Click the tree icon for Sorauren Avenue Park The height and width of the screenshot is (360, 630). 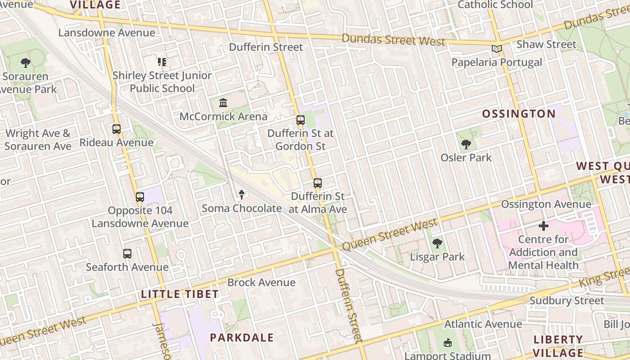click(x=26, y=63)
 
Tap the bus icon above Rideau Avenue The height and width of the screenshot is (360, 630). click(x=117, y=129)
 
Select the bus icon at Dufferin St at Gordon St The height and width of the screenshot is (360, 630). click(x=301, y=120)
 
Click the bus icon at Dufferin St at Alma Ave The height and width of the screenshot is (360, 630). click(x=318, y=183)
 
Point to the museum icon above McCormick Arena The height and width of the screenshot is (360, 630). click(x=223, y=103)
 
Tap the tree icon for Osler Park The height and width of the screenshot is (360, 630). click(x=466, y=144)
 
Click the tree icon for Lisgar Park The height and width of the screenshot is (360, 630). click(x=437, y=244)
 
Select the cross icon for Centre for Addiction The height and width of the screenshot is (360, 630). click(x=544, y=225)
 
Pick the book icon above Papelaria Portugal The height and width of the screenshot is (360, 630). click(x=496, y=49)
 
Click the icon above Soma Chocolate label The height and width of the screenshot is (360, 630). click(x=242, y=195)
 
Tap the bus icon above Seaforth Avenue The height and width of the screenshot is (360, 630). click(x=127, y=254)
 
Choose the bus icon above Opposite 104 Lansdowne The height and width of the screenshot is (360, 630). click(x=140, y=197)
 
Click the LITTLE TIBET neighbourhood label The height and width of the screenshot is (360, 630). click(x=180, y=294)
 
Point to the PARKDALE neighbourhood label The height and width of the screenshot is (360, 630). click(x=242, y=337)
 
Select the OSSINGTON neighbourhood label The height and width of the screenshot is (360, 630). click(x=519, y=114)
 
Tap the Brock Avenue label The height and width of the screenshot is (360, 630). click(x=261, y=283)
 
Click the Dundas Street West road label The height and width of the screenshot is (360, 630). click(x=394, y=40)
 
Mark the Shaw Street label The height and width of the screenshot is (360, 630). click(x=546, y=44)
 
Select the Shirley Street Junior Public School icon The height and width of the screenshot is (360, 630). click(x=162, y=62)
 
